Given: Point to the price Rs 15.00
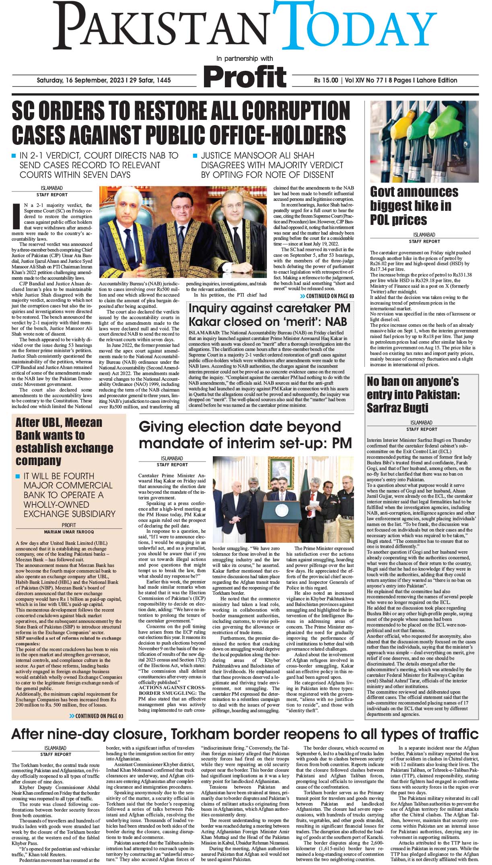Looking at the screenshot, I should (326, 80).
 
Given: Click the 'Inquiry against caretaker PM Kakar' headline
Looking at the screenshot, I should (270, 315).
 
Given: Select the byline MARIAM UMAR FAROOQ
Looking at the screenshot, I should (69, 531).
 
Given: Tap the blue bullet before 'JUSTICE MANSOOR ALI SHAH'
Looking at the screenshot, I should (195, 155).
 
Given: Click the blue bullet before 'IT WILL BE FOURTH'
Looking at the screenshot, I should (18, 476).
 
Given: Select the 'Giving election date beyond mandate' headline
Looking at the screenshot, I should (245, 434).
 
